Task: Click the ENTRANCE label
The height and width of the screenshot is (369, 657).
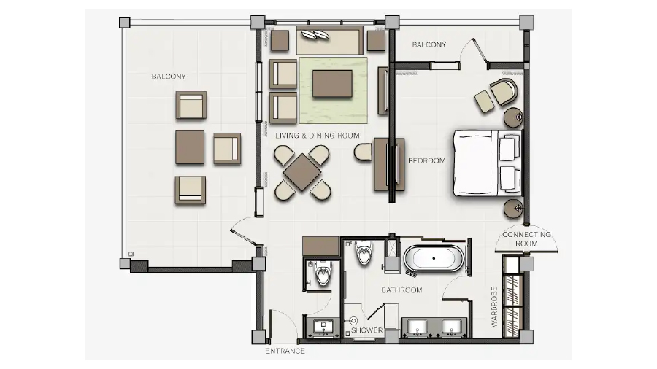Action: click(x=285, y=351)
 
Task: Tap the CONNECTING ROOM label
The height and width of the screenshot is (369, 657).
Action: click(x=526, y=239)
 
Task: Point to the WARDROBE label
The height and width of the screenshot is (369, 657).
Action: click(x=494, y=307)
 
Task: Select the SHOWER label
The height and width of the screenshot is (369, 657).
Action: click(x=367, y=330)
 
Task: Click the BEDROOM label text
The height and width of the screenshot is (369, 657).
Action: click(x=426, y=160)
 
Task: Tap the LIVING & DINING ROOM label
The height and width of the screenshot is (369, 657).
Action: click(x=318, y=136)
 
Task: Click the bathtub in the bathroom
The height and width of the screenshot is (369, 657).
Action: click(x=434, y=259)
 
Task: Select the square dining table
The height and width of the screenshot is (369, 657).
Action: click(x=301, y=172)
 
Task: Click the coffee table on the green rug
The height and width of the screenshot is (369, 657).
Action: click(x=332, y=84)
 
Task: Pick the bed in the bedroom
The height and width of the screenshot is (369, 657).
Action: click(x=488, y=163)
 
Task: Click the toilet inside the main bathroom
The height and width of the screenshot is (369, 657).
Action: click(x=364, y=252)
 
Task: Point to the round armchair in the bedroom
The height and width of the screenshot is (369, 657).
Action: click(x=504, y=92)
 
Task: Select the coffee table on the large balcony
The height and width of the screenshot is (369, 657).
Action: click(x=190, y=147)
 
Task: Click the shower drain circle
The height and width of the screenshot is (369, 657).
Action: click(x=353, y=321)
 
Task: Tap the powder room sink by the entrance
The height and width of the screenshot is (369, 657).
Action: click(x=323, y=327)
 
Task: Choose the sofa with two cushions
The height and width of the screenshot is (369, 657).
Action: click(x=329, y=40)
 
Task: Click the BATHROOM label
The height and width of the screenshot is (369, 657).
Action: click(x=401, y=290)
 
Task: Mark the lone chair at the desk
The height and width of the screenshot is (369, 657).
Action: click(x=363, y=152)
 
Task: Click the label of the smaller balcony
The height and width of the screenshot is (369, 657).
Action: click(x=429, y=44)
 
